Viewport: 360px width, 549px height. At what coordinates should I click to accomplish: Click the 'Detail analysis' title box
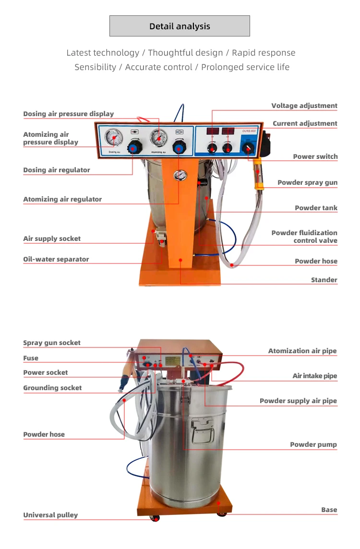pyautogui.click(x=180, y=26)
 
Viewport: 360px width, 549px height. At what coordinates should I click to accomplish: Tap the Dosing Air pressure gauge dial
pyautogui.click(x=114, y=138)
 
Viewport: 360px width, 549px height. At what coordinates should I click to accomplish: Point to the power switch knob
pyautogui.click(x=249, y=149)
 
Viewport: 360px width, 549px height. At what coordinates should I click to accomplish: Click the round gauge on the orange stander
pyautogui.click(x=180, y=176)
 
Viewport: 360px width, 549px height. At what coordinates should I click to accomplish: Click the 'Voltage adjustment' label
pyautogui.click(x=304, y=106)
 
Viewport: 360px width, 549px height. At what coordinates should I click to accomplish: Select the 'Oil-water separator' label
pyautogui.click(x=56, y=259)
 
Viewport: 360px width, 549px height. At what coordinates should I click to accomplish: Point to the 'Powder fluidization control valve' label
pyautogui.click(x=304, y=236)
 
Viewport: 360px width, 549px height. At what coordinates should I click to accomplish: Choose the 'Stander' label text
pyautogui.click(x=324, y=280)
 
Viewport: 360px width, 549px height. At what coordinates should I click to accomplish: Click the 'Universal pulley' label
pyautogui.click(x=50, y=515)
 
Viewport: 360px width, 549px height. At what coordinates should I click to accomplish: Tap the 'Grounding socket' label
pyautogui.click(x=52, y=388)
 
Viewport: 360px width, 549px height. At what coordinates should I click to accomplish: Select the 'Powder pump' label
pyautogui.click(x=313, y=444)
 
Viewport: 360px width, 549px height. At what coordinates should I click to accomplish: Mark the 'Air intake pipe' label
pyautogui.click(x=315, y=376)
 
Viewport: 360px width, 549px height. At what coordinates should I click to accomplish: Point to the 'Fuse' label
pyautogui.click(x=31, y=358)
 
